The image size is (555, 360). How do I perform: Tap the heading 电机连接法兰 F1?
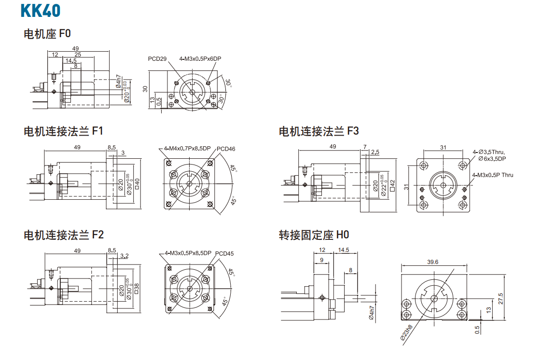(63, 131)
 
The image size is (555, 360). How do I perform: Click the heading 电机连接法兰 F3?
(319, 131)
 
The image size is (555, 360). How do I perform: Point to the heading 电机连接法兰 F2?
(63, 235)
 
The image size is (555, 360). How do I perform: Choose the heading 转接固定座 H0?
(314, 235)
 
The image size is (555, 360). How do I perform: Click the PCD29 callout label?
(157, 59)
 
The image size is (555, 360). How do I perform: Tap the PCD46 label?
(226, 149)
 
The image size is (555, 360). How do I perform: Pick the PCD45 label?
(224, 253)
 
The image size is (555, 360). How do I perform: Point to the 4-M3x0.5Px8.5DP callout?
(188, 253)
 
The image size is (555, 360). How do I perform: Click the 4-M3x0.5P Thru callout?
(492, 175)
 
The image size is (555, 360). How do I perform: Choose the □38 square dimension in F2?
(137, 289)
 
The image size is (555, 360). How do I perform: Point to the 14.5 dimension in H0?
(344, 250)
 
